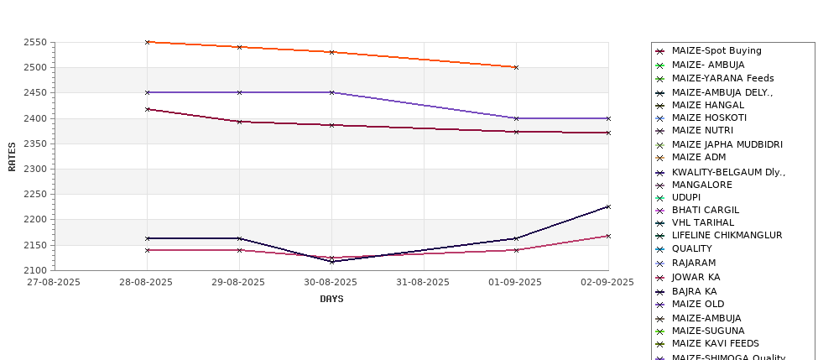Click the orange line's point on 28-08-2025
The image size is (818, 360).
click(x=147, y=42)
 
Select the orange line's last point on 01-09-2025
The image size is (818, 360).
click(x=516, y=67)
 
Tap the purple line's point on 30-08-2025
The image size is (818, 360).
click(x=331, y=92)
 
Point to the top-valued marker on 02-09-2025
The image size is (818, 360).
click(x=608, y=118)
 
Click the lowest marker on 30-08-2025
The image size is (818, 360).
click(x=331, y=261)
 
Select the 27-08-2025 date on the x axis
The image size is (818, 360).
click(x=54, y=282)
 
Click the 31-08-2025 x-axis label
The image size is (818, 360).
click(x=424, y=282)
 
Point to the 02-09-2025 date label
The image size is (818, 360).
click(x=608, y=282)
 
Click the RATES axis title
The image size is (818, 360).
click(x=13, y=156)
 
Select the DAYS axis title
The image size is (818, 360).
click(x=331, y=299)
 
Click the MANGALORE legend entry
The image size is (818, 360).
click(x=701, y=185)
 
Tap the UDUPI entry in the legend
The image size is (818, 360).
click(x=686, y=197)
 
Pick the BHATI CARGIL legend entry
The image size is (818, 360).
click(x=706, y=210)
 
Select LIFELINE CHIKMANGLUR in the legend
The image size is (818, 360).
click(x=727, y=236)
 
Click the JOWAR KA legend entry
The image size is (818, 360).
click(x=696, y=277)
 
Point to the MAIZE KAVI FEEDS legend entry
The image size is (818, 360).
click(x=715, y=343)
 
